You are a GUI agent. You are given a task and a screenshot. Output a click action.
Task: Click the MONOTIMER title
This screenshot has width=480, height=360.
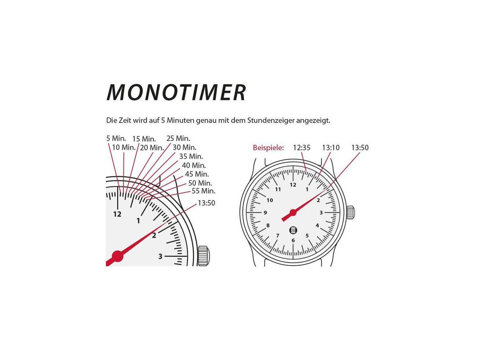[176, 93]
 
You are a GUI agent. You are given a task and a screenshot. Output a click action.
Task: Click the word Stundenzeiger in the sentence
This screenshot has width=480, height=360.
[266, 120]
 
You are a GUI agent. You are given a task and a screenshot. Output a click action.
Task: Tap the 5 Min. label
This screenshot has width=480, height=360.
[116, 138]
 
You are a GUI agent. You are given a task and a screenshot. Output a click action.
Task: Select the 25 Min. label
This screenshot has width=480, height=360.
[178, 138]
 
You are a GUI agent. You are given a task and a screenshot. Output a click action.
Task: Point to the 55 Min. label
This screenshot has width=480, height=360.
[203, 191]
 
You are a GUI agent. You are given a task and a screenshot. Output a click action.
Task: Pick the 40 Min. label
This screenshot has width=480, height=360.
[194, 165]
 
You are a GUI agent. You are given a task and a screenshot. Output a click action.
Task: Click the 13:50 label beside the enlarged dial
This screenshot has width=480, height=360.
[206, 203]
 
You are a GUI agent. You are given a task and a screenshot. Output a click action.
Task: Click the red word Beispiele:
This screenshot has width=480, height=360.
[268, 148]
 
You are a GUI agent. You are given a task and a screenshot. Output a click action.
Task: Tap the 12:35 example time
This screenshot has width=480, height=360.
[302, 148]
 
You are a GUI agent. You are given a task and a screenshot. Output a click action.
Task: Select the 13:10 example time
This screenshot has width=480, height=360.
[330, 148]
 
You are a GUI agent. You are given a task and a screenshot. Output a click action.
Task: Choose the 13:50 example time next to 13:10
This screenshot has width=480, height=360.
[360, 148]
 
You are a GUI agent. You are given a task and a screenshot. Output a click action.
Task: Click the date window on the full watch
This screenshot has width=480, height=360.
[293, 230]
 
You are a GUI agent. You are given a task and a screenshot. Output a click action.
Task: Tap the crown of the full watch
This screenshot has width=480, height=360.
[351, 212]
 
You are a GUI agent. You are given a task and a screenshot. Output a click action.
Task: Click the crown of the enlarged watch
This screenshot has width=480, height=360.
[203, 256]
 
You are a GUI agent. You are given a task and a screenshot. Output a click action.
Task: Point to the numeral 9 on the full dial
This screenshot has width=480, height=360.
[265, 212]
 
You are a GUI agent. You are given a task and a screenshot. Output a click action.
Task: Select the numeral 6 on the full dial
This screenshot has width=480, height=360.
[293, 240]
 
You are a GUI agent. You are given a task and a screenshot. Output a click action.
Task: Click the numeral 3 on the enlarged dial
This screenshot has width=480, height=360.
[160, 256]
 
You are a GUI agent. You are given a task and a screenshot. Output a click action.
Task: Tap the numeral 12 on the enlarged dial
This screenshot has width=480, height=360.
[117, 214]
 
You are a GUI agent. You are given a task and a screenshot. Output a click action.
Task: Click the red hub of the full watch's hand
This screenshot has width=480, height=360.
[293, 212]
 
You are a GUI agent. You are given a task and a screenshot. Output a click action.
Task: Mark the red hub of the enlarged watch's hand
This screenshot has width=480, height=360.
[117, 256]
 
